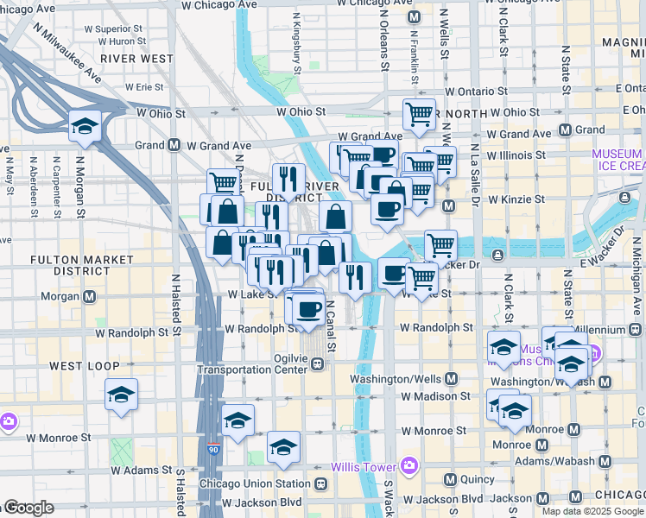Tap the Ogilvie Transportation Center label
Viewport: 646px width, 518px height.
click(252, 362)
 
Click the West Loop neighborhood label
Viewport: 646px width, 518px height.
click(84, 366)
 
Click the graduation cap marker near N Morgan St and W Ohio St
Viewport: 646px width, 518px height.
click(85, 127)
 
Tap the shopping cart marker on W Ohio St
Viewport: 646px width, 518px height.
click(419, 113)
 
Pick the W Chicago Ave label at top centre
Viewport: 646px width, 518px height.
click(219, 4)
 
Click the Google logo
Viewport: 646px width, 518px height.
click(28, 508)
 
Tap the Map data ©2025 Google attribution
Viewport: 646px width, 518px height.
click(592, 511)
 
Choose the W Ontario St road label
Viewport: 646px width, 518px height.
click(476, 92)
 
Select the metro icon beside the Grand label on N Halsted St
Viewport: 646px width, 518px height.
click(174, 145)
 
